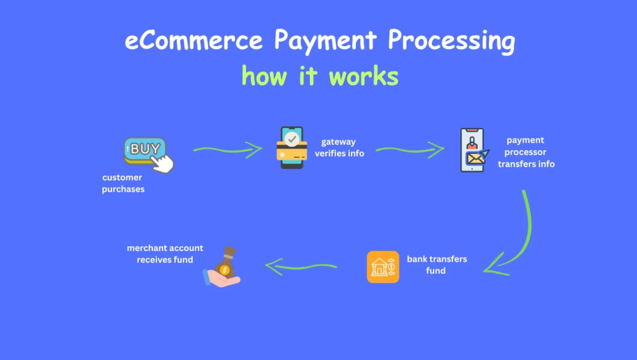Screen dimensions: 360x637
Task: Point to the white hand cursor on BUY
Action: pos(164,163)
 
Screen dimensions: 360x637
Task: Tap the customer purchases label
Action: pos(123,183)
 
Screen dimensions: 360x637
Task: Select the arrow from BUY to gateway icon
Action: pos(227,149)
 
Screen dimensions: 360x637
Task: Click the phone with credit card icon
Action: pos(292,147)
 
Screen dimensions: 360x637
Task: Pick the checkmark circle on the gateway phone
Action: pos(292,138)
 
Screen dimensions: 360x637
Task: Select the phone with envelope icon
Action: pos(473,151)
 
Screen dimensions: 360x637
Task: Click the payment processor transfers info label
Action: pos(526,152)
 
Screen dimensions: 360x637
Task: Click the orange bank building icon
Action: pos(383,267)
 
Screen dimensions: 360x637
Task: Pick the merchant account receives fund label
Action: pos(165,253)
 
